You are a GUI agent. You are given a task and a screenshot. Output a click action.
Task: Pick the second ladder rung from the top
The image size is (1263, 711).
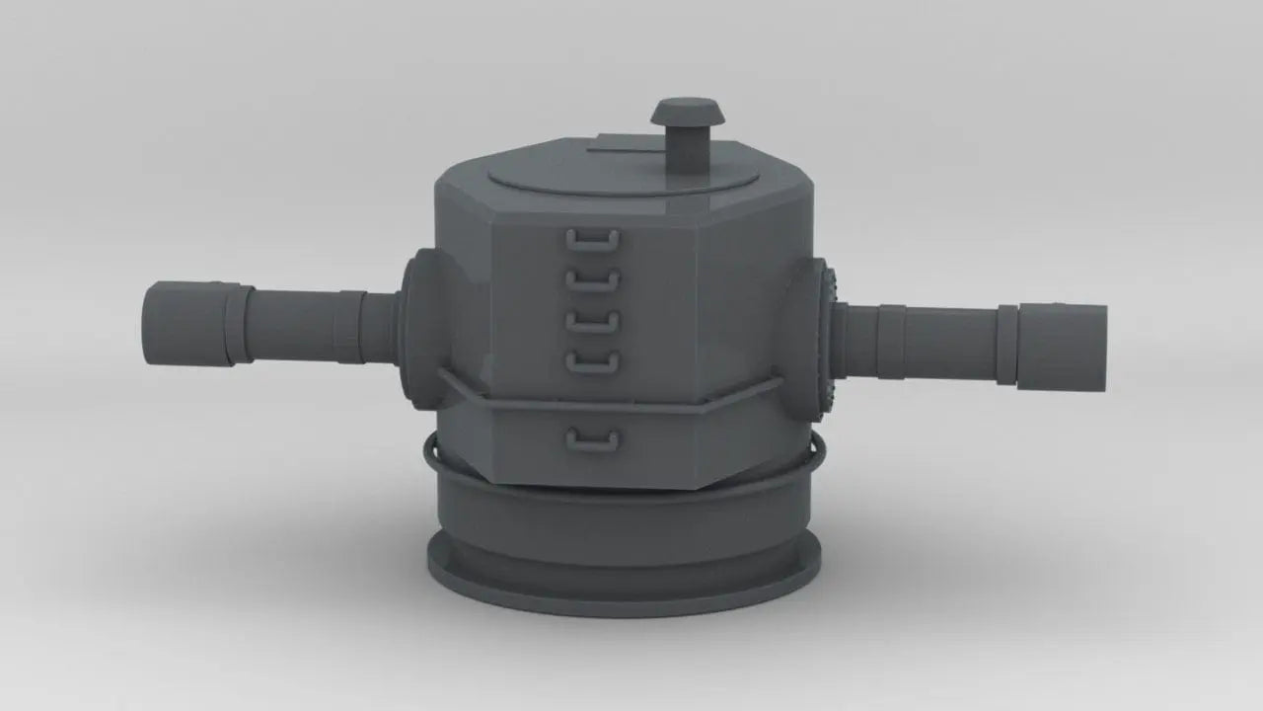click(592, 281)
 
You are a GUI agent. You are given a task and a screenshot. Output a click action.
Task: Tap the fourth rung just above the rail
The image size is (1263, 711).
click(592, 363)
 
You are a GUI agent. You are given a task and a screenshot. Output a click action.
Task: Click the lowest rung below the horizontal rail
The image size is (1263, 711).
click(592, 440)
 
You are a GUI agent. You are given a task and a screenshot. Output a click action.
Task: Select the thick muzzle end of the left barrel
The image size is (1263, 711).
click(184, 324)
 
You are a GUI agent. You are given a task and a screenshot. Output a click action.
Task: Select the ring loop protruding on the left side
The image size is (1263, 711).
click(430, 454)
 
